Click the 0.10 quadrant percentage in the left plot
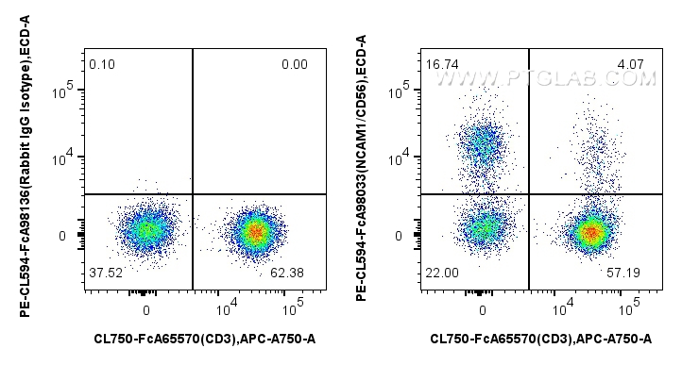(x=101, y=64)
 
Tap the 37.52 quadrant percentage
(x=104, y=272)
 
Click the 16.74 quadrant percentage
(x=440, y=64)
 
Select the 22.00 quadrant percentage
(x=440, y=272)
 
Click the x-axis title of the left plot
(x=205, y=338)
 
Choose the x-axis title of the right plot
(x=541, y=338)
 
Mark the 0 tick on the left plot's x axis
(x=146, y=308)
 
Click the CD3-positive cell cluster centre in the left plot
(x=253, y=230)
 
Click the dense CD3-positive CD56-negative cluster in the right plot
(x=590, y=230)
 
